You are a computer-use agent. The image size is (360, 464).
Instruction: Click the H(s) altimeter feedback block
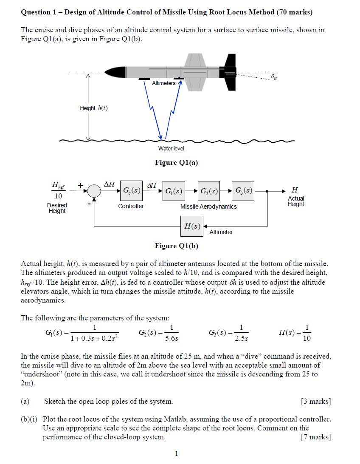point(192,226)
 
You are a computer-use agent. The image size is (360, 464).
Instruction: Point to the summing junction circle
point(94,191)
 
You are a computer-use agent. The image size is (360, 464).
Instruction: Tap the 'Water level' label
point(171,148)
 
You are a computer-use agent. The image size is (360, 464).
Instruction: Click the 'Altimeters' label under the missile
point(163,83)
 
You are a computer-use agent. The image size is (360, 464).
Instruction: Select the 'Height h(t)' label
point(94,108)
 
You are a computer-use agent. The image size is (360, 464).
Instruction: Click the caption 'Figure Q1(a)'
point(177,163)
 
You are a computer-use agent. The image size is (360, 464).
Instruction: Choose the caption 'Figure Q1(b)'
point(177,246)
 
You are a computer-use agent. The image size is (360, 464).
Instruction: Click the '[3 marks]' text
point(315,402)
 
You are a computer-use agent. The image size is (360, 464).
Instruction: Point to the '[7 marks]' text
point(315,437)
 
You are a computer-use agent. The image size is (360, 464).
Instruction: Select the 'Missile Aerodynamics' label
point(208,207)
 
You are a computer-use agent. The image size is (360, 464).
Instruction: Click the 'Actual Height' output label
point(296,201)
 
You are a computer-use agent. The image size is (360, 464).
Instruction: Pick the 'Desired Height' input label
point(57,208)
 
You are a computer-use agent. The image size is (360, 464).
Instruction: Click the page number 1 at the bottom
point(177,454)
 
